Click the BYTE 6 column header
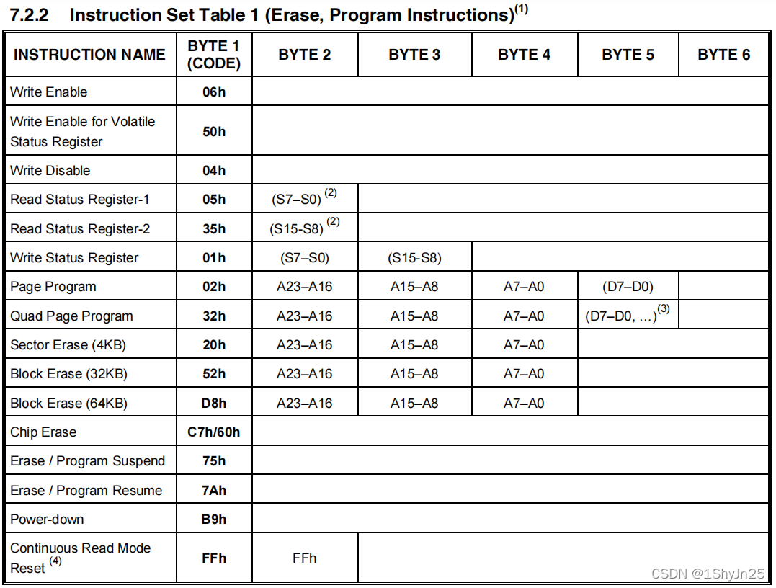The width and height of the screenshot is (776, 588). (x=723, y=55)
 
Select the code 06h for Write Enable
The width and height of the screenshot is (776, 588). (x=214, y=92)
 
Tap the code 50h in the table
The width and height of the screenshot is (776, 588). (x=214, y=131)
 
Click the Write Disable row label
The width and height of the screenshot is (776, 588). (x=50, y=171)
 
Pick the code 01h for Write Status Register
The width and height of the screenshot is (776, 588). (x=214, y=258)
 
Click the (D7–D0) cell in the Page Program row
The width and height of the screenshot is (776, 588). (x=628, y=287)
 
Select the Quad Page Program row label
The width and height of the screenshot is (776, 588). (x=71, y=316)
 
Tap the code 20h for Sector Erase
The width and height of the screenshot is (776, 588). (x=214, y=345)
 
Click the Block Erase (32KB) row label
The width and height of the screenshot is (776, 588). (x=69, y=374)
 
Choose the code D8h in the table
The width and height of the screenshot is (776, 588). (x=214, y=404)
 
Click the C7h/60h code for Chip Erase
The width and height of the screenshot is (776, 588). (x=214, y=432)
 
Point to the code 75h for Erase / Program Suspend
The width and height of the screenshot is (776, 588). (x=214, y=461)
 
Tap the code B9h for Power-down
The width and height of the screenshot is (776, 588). (x=214, y=520)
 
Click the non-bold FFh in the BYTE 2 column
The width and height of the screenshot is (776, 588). (x=304, y=558)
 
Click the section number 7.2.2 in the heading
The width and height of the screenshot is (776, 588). (x=28, y=16)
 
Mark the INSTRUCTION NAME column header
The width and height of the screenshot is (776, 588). (x=89, y=55)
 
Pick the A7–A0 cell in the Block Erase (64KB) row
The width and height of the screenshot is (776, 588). (x=524, y=404)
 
